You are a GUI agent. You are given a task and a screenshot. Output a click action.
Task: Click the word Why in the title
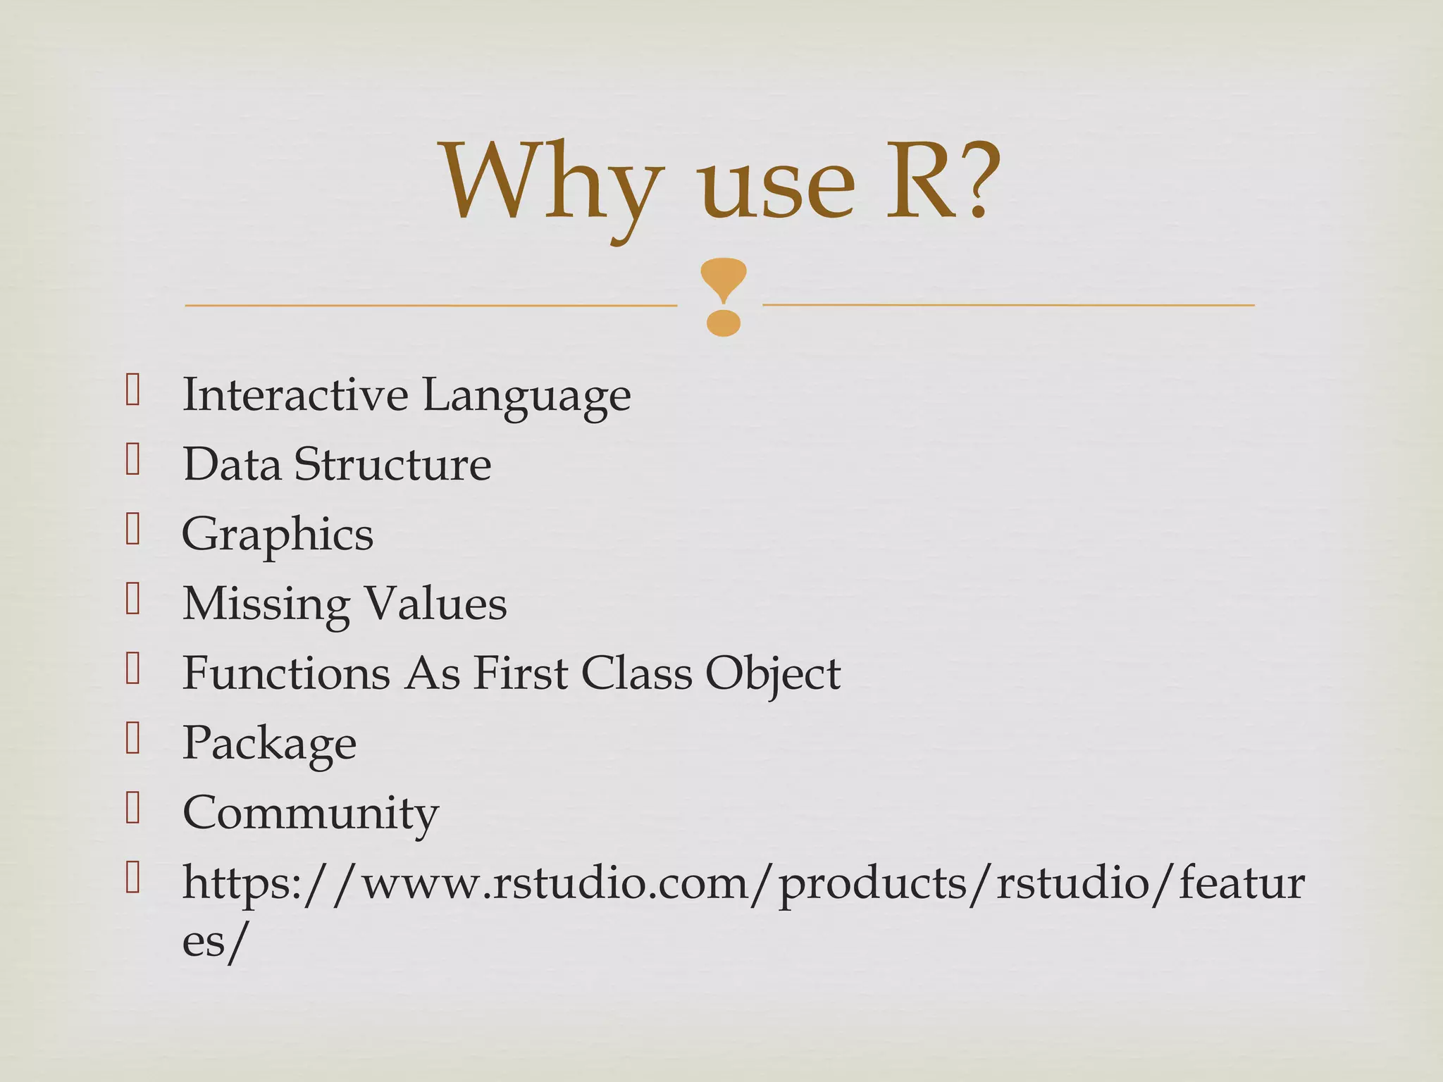[x=552, y=185]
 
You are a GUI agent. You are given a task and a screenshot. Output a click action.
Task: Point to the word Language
[x=526, y=396]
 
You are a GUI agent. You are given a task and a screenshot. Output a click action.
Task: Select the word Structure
[x=392, y=464]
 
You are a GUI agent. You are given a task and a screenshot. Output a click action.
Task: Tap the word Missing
[x=266, y=604]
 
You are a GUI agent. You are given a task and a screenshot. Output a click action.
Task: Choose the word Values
[x=435, y=604]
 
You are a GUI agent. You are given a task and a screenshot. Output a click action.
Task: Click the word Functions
[x=286, y=673]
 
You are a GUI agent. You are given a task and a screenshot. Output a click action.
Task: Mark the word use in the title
[x=776, y=185]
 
